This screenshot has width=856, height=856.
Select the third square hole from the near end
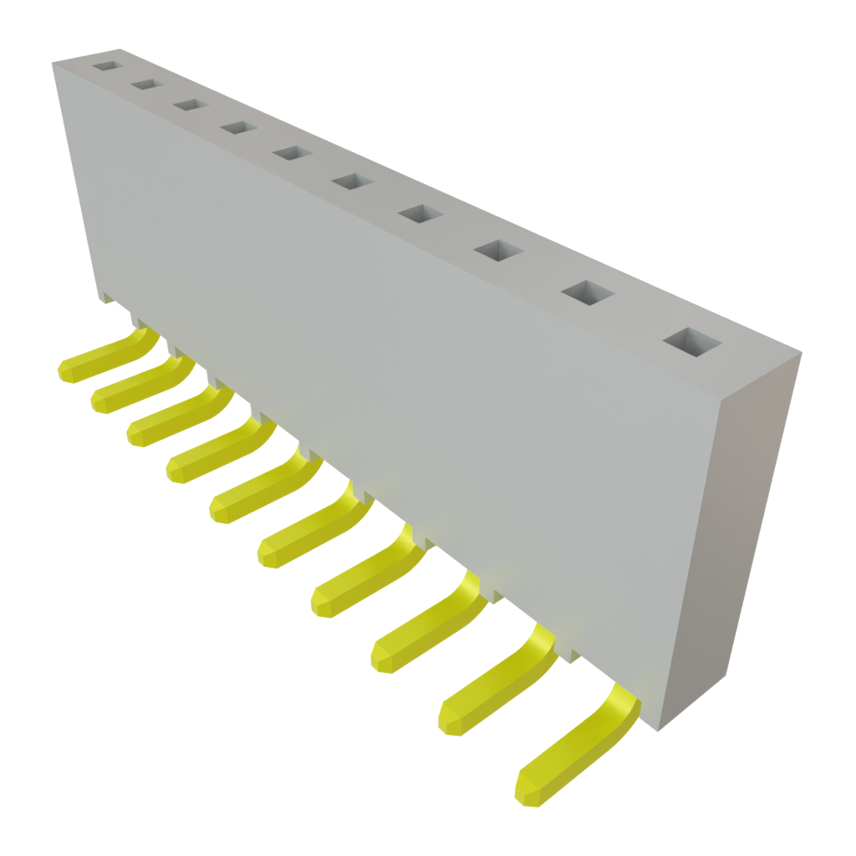pos(498,249)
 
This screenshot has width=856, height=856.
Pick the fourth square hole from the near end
pos(420,213)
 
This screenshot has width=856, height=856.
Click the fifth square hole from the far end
pos(291,153)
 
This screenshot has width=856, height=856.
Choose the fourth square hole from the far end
pos(237,127)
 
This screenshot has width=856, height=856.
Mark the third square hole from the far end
pos(190,104)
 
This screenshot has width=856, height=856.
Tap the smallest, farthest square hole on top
pos(106,64)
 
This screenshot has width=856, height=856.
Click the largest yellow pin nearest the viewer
pos(568,752)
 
